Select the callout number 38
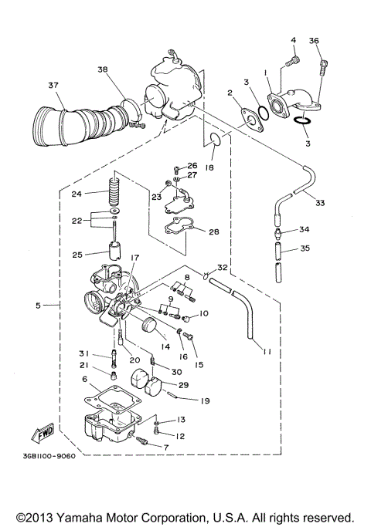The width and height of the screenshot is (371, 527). coord(104,69)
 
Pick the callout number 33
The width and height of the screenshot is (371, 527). coord(319,204)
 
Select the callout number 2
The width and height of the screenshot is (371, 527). coord(230,93)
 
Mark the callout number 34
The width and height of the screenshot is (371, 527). coord(304,230)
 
